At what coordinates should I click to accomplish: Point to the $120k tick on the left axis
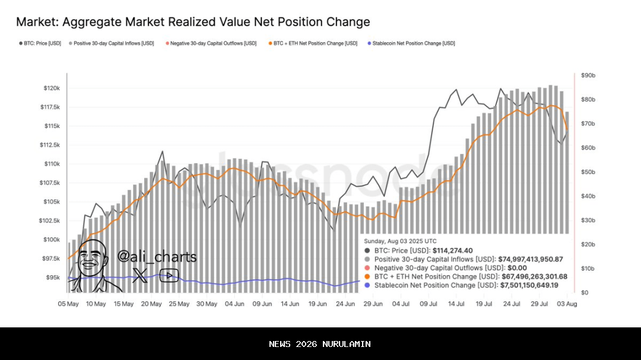[x=52, y=88]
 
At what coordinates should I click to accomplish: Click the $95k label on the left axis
[x=53, y=278]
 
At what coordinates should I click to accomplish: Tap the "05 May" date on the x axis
[x=68, y=304]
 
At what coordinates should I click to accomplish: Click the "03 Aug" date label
[x=567, y=304]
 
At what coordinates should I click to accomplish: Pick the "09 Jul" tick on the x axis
[x=429, y=304]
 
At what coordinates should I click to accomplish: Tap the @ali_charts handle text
[x=157, y=257]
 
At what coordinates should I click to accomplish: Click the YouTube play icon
[x=169, y=275]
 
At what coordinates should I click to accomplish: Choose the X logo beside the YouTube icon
[x=140, y=275]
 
